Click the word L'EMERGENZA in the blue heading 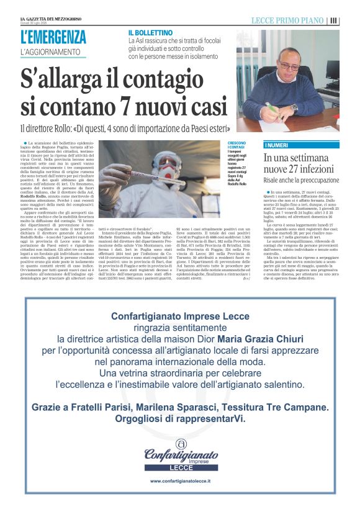click(x=53, y=37)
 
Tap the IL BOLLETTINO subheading click(x=150, y=32)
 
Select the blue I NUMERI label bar click(x=302, y=145)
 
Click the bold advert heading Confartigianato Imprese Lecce click(x=180, y=317)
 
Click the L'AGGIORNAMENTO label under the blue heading click(x=51, y=52)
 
